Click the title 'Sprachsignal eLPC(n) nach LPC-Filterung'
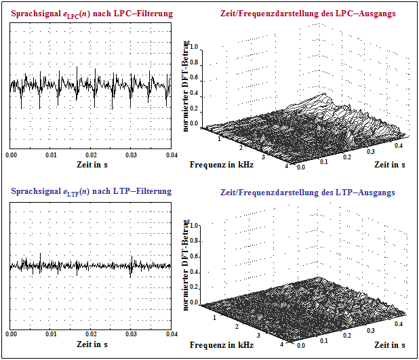pyautogui.click(x=92, y=14)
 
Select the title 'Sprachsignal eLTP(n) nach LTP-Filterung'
pyautogui.click(x=91, y=193)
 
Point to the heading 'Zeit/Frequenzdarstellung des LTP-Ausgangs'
pyautogui.click(x=308, y=193)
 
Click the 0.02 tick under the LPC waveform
pyautogui.click(x=91, y=155)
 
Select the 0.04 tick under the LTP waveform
pyautogui.click(x=171, y=334)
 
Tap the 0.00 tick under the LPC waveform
pyautogui.click(x=12, y=155)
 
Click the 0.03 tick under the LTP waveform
pyautogui.click(x=131, y=334)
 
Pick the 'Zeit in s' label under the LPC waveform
pyautogui.click(x=92, y=165)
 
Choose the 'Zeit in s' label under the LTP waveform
pyautogui.click(x=92, y=344)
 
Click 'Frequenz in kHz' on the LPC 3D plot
pyautogui.click(x=222, y=165)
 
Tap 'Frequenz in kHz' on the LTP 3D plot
pyautogui.click(x=222, y=344)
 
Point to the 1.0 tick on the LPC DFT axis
pyautogui.click(x=195, y=47)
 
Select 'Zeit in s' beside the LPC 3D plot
pyautogui.click(x=390, y=165)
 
